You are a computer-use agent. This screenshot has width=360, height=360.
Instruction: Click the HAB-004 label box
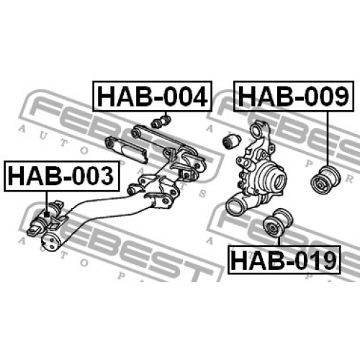coord(153,96)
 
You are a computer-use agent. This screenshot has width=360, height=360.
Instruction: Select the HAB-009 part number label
coord(294,96)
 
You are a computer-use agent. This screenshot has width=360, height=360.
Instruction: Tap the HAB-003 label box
coord(61,176)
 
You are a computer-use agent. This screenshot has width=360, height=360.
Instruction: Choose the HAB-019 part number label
coord(284,260)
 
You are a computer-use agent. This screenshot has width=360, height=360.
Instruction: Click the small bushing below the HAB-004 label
coord(161,122)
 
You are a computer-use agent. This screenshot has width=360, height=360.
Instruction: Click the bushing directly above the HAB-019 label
coord(278,222)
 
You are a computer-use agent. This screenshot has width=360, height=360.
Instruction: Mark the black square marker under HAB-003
coord(47,215)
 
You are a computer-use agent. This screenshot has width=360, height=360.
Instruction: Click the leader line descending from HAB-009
coord(327,139)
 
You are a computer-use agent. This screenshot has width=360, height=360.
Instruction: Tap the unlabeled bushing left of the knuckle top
coord(232,141)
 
